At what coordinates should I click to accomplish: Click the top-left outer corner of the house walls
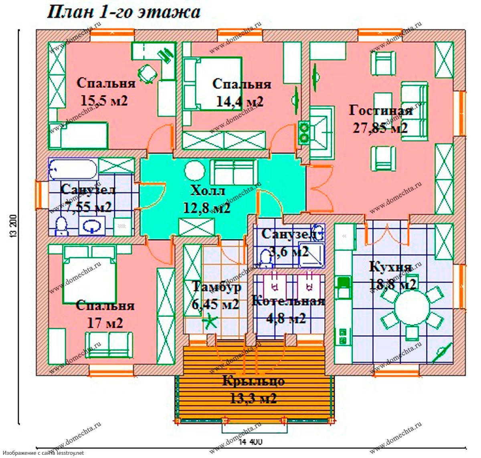[36, 30]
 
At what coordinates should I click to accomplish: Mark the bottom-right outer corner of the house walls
[465, 376]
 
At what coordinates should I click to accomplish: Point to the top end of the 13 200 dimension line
[19, 29]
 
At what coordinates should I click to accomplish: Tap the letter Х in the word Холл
[196, 191]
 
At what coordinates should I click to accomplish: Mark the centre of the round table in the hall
[194, 171]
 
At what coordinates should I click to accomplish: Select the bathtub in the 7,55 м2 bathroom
[73, 169]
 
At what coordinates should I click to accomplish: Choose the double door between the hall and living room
[321, 189]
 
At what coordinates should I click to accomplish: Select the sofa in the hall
[234, 172]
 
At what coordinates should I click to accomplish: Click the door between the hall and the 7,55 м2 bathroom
[150, 196]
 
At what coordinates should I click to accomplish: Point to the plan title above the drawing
[124, 12]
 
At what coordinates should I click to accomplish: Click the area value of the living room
[380, 128]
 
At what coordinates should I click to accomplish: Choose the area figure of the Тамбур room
[215, 305]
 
